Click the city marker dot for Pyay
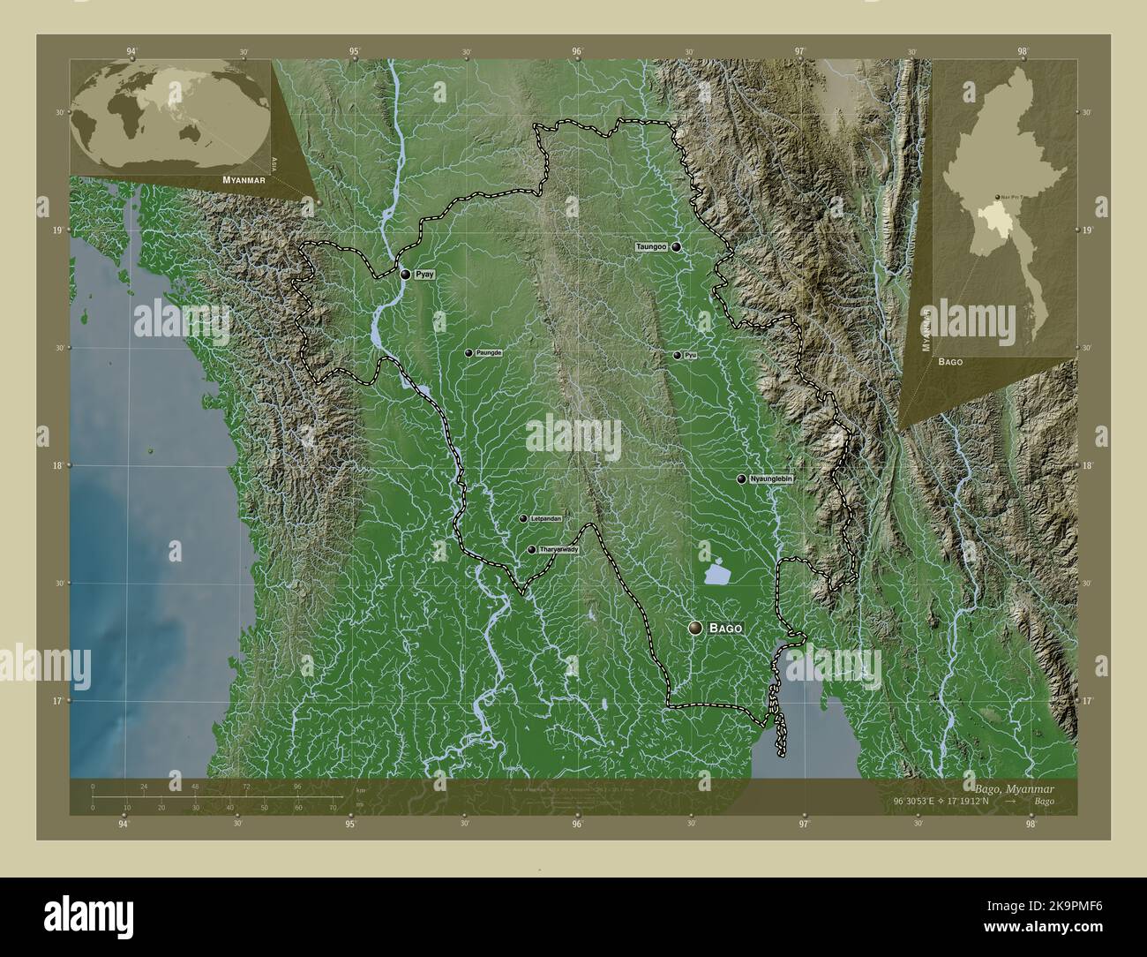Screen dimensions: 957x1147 (405, 275)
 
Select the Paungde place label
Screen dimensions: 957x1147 (489, 352)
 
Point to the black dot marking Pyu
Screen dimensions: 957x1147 (677, 356)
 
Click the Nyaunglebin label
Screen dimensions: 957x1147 (772, 478)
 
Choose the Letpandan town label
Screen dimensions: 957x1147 (545, 519)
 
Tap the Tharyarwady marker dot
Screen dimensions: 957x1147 (531, 550)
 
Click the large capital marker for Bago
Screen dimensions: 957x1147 (697, 628)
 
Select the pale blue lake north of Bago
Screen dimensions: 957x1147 (716, 575)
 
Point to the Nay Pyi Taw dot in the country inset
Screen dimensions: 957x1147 (997, 197)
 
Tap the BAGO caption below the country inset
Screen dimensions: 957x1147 (950, 362)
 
